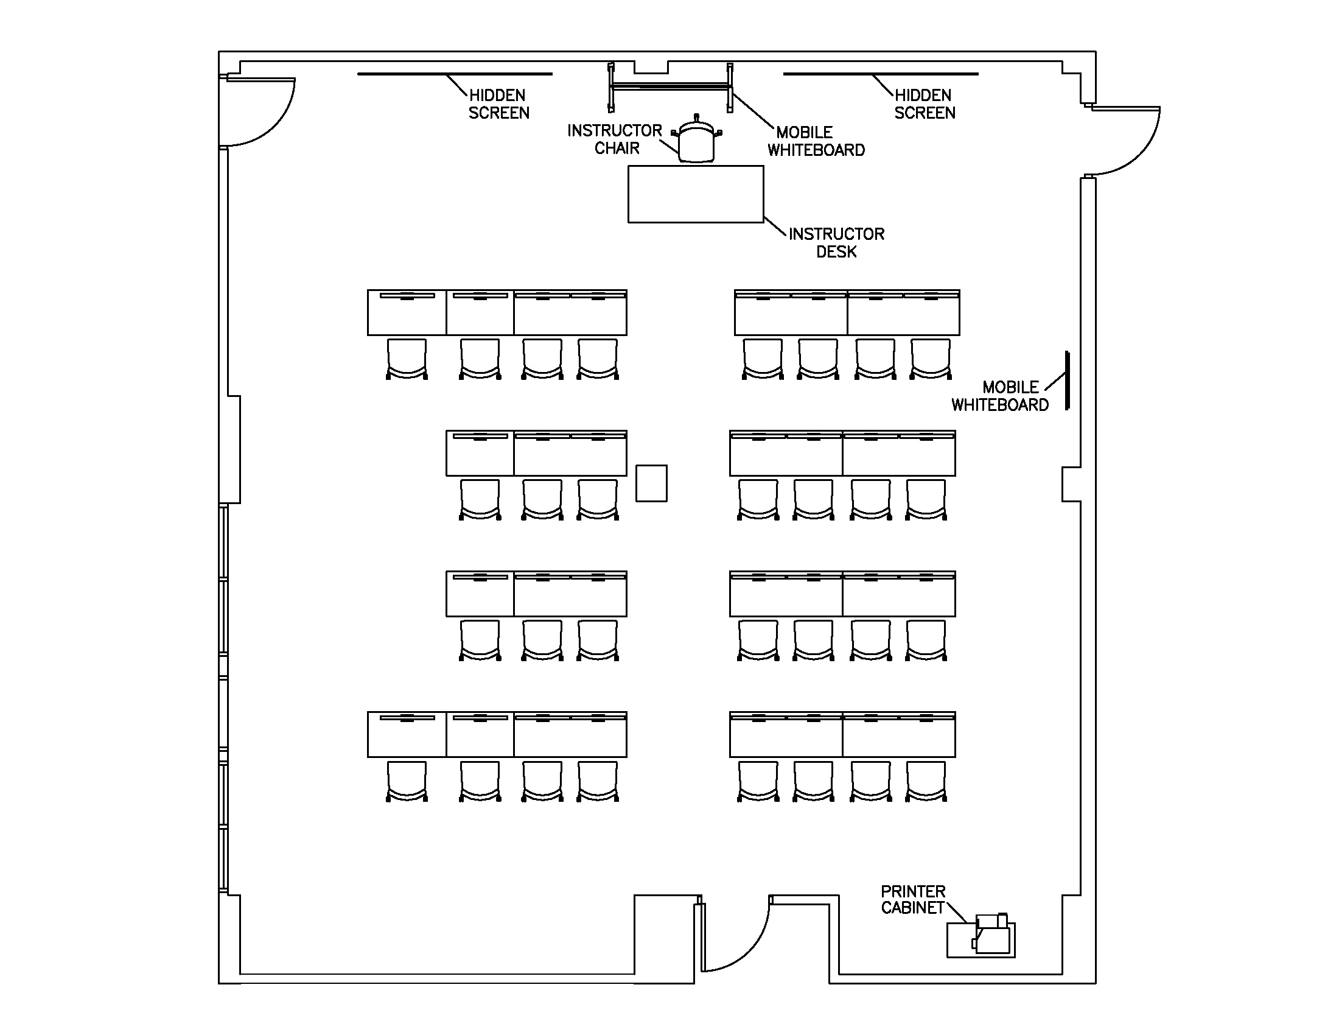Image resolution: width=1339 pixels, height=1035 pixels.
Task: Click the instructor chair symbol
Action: pos(696,141)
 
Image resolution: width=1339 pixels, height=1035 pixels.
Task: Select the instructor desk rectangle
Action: pos(695,194)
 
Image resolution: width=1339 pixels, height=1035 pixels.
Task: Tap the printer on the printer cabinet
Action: pos(991,935)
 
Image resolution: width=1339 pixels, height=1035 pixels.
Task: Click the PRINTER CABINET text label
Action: pos(913,899)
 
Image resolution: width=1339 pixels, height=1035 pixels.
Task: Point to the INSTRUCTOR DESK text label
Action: pos(836,243)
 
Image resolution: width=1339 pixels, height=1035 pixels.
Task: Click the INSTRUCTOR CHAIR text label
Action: pos(614,139)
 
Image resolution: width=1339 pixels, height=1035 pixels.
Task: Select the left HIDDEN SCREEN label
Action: pos(498,104)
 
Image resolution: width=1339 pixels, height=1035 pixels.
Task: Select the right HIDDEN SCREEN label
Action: pos(925,104)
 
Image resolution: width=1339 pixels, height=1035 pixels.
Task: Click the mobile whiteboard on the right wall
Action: pos(1067,380)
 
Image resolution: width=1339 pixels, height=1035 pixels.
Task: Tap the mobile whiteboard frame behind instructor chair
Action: pos(669,86)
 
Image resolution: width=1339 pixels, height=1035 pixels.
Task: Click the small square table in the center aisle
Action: pos(651,483)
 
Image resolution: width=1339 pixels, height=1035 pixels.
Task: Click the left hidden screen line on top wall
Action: pos(454,74)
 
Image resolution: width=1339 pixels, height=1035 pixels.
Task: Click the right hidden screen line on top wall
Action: pos(881,74)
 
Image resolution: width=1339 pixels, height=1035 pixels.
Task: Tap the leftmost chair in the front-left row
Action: pos(407,359)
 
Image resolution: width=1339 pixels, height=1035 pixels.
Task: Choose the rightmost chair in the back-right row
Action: pos(926,781)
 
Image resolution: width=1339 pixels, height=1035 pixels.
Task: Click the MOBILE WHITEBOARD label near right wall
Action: pos(1001,396)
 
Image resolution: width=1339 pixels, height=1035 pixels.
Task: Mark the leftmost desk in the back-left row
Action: pos(407,735)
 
